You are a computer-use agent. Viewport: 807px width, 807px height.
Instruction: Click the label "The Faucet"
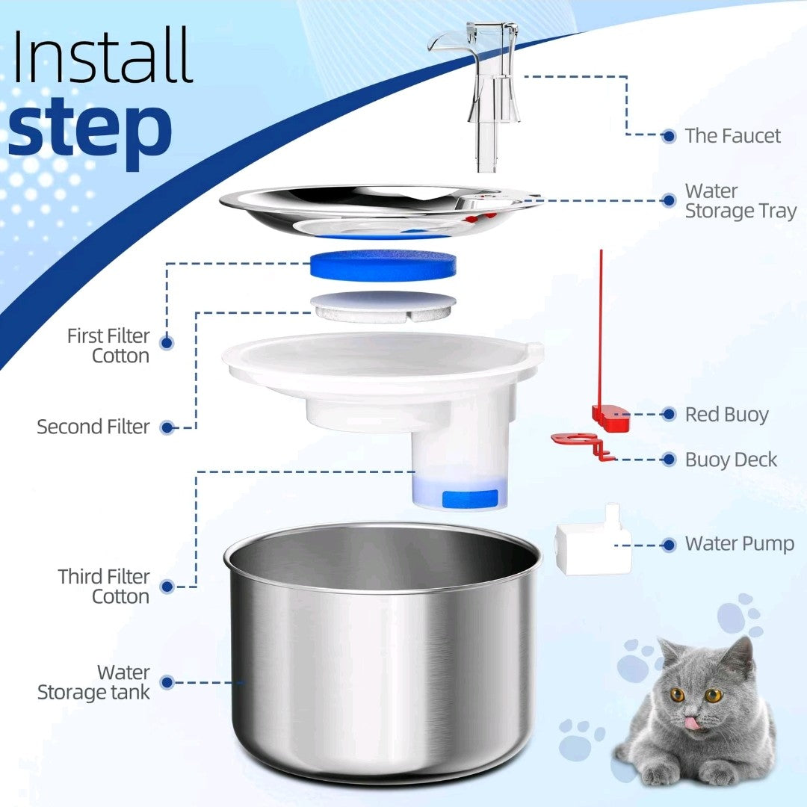coord(732,136)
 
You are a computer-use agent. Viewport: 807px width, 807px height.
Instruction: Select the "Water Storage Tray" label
coord(740,201)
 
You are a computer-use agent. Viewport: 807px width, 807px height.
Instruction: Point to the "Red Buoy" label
coord(727,414)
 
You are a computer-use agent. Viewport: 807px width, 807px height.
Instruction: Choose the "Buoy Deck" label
coord(731,460)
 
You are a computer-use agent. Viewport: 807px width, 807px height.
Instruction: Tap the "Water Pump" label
coord(740,544)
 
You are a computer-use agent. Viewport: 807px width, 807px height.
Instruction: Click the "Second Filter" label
coord(93,427)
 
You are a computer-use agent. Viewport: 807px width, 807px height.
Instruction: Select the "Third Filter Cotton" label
coord(104,587)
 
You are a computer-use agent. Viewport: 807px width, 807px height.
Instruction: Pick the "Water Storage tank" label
coord(93,682)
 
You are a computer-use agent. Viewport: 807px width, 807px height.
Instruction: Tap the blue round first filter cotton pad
coord(383,265)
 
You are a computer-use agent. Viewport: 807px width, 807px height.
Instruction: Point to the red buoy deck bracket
coord(582,445)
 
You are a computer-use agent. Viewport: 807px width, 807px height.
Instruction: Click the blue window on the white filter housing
coord(470,498)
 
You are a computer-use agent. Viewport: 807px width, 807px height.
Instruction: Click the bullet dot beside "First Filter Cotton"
coord(166,343)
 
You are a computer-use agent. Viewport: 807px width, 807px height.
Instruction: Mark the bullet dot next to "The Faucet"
coord(669,137)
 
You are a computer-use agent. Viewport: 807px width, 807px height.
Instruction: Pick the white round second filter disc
coord(383,306)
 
